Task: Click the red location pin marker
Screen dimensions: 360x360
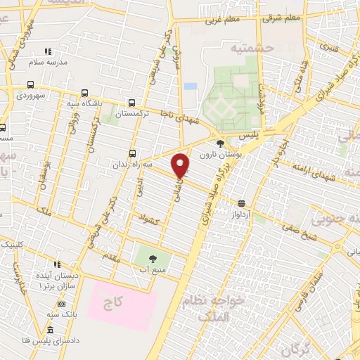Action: coord(181,166)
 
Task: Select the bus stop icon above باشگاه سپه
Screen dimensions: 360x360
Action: coord(85,93)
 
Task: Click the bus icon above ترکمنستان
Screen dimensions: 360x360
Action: coord(134,101)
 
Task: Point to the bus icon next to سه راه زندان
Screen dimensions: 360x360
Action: coord(133,153)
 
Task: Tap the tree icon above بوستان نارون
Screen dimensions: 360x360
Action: coord(221,143)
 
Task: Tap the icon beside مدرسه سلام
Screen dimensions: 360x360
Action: coord(48,51)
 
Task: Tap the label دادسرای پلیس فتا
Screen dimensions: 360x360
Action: coord(70,340)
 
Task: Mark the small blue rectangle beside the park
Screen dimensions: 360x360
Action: coord(190,86)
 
